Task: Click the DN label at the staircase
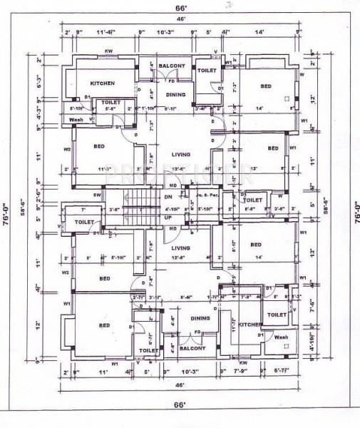[x=169, y=197]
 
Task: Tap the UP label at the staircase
[x=169, y=216]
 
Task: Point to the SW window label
[x=97, y=194]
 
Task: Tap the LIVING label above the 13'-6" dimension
[x=180, y=153]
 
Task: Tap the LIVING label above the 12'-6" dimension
[x=180, y=248]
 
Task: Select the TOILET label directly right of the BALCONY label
[x=207, y=71]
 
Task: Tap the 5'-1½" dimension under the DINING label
[x=171, y=108]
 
